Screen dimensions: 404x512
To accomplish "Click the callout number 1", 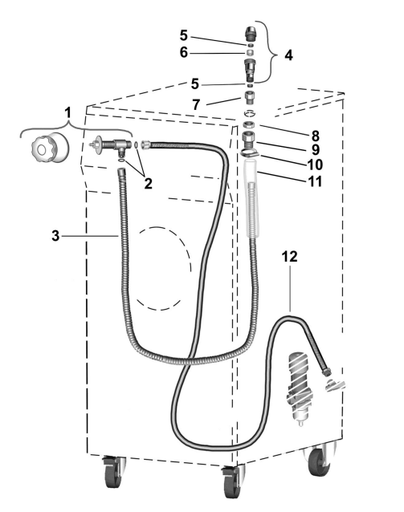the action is click(x=67, y=113).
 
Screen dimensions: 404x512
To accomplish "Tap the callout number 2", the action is click(x=148, y=184).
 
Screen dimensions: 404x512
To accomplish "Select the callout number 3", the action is click(x=55, y=235).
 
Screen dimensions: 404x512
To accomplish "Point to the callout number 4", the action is click(x=288, y=55).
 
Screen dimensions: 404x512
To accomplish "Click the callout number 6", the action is click(x=184, y=52).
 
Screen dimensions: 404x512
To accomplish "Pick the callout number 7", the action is click(x=196, y=104).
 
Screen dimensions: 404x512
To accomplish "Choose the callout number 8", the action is click(x=315, y=136).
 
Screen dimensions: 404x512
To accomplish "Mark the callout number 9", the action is click(x=315, y=149).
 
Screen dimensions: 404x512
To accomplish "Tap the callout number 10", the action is click(x=315, y=165).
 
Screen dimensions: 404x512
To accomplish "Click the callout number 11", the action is click(x=315, y=181).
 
